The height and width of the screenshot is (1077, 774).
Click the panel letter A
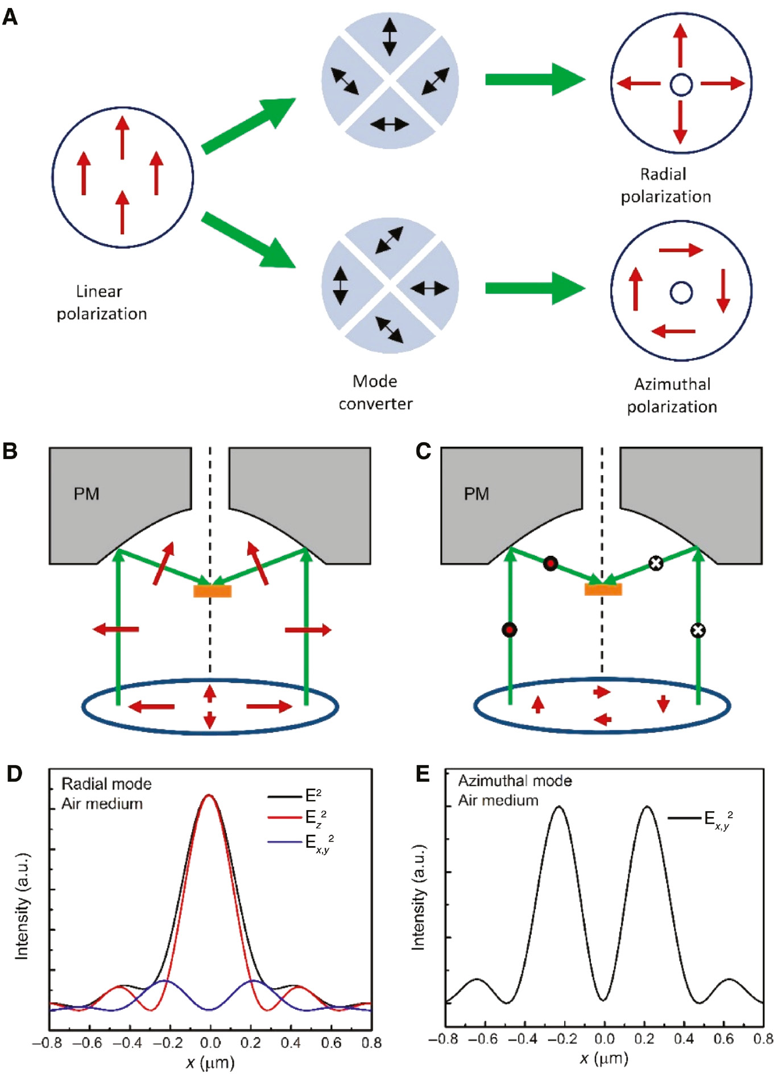point(10,17)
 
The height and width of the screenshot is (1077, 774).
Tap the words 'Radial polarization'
point(665,185)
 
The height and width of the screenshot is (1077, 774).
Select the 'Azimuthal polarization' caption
point(672,395)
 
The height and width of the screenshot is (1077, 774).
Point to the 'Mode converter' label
point(375,392)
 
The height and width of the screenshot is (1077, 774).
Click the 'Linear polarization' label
point(101,302)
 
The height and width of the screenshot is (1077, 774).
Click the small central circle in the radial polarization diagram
point(681,85)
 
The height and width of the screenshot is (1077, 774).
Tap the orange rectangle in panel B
point(212,591)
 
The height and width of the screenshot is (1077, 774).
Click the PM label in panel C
point(476,493)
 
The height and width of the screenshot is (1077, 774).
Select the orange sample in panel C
point(603,589)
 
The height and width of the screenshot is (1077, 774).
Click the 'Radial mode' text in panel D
point(106,784)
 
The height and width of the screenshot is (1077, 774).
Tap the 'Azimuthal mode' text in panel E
point(515,781)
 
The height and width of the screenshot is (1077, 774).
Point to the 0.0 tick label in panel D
point(210,1042)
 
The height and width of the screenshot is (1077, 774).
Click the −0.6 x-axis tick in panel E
point(482,1039)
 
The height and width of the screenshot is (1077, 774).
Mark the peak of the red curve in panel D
point(209,795)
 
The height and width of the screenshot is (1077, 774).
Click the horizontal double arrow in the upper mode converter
point(390,123)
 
